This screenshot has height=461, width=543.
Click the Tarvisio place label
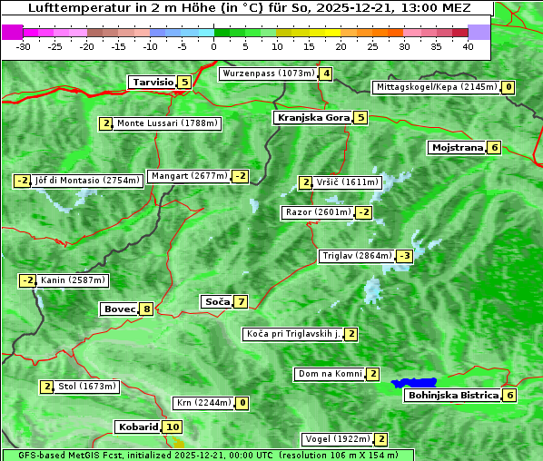pyautogui.click(x=152, y=82)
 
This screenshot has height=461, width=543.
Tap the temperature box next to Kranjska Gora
pyautogui.click(x=360, y=117)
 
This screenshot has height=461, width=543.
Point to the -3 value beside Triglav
pyautogui.click(x=405, y=256)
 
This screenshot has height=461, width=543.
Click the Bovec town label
pyautogui.click(x=119, y=309)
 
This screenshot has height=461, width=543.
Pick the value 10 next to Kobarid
pyautogui.click(x=173, y=427)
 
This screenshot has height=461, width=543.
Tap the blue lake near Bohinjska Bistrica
pyautogui.click(x=414, y=382)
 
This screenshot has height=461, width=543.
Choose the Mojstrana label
pyautogui.click(x=458, y=147)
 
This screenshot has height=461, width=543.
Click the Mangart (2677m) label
pyautogui.click(x=189, y=176)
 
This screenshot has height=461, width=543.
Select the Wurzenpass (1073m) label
pyautogui.click(x=269, y=74)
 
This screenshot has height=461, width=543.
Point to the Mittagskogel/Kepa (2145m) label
pyautogui.click(x=437, y=87)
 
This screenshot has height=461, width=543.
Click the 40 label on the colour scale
pyautogui.click(x=468, y=45)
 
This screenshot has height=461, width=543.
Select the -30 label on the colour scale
pyautogui.click(x=24, y=45)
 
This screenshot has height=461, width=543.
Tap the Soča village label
pyautogui.click(x=216, y=301)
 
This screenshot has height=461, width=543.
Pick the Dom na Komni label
pyautogui.click(x=330, y=374)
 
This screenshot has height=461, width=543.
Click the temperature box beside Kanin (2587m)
pyautogui.click(x=28, y=280)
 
